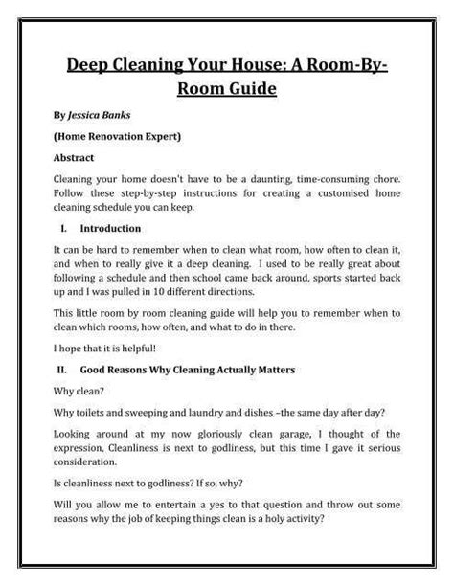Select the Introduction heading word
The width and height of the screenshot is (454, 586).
[x=110, y=229]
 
